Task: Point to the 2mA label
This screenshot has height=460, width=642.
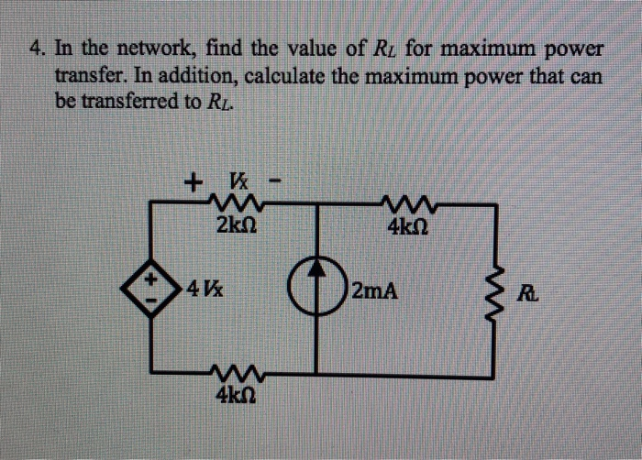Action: pyautogui.click(x=375, y=293)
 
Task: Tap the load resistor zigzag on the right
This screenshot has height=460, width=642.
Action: pyautogui.click(x=496, y=291)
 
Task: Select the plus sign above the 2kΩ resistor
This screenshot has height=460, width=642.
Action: pyautogui.click(x=192, y=181)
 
